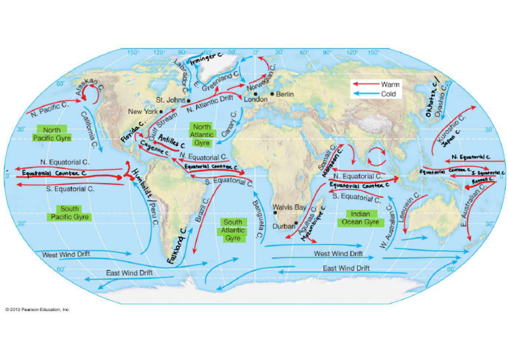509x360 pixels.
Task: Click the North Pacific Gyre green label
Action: (x=52, y=133)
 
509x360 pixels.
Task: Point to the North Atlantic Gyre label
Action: (x=202, y=135)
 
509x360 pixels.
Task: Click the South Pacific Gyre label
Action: (x=69, y=213)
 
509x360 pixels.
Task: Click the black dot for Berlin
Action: (x=272, y=94)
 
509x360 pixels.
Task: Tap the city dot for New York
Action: (x=161, y=111)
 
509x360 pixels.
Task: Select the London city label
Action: (x=256, y=99)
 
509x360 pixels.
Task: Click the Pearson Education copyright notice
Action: (x=37, y=309)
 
